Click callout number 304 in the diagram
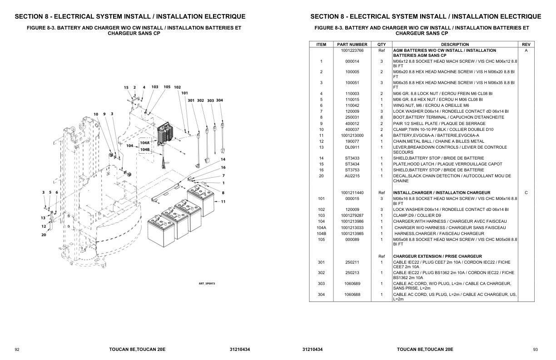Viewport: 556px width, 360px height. click(219, 100)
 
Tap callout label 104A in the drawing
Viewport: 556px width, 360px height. click(145, 143)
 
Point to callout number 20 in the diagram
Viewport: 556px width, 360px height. click(44, 235)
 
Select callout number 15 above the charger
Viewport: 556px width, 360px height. click(126, 87)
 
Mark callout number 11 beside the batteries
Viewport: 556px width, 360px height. click(223, 201)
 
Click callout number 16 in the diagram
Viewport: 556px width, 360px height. click(223, 167)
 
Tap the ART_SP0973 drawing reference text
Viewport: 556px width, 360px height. click(207, 284)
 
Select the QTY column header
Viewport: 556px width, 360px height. click(382, 45)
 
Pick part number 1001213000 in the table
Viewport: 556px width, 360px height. click(352, 135)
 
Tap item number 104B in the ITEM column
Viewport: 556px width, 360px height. click(321, 234)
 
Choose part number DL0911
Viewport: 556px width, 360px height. click(352, 147)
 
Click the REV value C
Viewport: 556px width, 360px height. click(526, 193)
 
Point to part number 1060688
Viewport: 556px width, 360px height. click(352, 295)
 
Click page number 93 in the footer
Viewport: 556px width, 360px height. click(536, 350)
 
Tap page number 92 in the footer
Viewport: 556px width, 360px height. click(17, 350)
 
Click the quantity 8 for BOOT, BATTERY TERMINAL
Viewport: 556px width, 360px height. click(382, 117)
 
